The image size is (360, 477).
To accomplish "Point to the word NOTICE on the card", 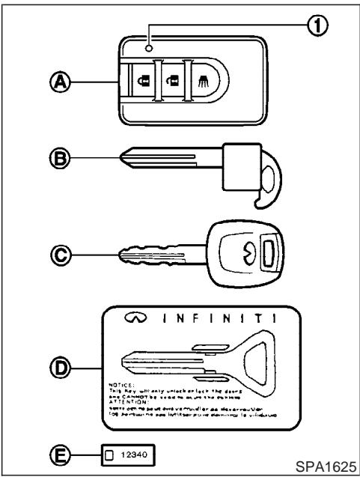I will (132, 389).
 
